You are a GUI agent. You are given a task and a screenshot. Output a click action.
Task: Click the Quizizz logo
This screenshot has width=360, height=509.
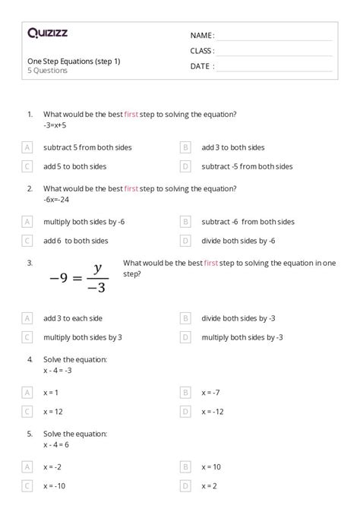[x=47, y=33]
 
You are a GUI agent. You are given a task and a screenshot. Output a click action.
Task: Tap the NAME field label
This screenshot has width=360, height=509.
[x=202, y=35]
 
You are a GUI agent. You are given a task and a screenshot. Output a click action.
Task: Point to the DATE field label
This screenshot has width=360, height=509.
[x=201, y=66]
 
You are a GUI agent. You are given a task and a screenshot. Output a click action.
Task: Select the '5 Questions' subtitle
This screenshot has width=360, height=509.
[x=47, y=71]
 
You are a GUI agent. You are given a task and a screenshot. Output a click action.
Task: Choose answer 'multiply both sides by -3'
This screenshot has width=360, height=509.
[x=242, y=337]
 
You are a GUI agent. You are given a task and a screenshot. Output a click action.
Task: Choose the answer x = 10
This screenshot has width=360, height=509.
[x=210, y=466]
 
